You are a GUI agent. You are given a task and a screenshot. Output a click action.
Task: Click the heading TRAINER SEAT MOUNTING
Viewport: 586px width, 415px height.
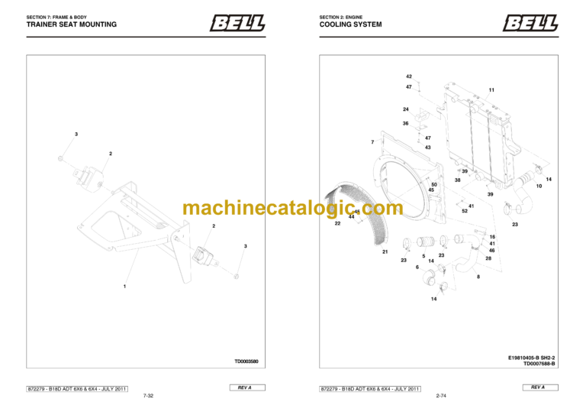[71, 24]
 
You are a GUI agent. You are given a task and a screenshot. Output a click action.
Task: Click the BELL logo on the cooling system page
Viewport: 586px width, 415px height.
[530, 23]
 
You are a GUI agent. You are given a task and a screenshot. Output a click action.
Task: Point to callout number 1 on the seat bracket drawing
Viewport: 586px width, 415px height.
[124, 286]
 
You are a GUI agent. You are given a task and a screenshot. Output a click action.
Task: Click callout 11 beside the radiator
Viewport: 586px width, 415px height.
[491, 90]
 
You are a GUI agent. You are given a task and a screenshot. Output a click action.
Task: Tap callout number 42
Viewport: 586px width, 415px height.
[409, 77]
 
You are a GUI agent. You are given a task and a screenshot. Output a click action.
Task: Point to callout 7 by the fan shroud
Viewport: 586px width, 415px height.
[372, 142]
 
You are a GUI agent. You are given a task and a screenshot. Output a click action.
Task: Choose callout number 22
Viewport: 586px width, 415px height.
[337, 224]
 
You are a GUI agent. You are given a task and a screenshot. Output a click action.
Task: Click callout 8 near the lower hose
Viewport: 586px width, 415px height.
[478, 277]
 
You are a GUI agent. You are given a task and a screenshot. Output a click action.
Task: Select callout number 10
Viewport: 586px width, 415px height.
[539, 186]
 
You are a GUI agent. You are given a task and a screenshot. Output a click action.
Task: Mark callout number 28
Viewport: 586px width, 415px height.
[488, 258]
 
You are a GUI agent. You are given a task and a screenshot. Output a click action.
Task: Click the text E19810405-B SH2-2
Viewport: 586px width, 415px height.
[533, 357]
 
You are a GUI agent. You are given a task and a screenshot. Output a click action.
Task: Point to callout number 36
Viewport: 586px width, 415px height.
[406, 123]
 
